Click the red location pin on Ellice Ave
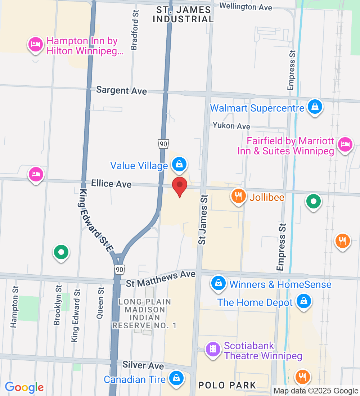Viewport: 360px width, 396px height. coord(180,186)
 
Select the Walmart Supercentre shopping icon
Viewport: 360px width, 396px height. coord(315,107)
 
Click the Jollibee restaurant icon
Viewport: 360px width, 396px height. coord(238,196)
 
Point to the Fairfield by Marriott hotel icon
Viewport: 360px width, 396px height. coord(345,145)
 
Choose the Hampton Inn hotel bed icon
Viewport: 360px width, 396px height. coord(35,45)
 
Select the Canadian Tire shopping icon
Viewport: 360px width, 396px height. coord(176,378)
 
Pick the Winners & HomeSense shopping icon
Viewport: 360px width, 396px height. coord(219,283)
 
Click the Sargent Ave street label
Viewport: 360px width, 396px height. coord(121,90)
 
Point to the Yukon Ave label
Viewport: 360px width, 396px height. coord(231,126)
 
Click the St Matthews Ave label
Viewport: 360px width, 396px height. coord(161,279)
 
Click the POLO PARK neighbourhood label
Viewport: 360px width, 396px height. coord(227,385)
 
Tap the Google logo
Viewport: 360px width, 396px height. coord(24,387)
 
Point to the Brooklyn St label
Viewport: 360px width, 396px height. coord(57,305)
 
